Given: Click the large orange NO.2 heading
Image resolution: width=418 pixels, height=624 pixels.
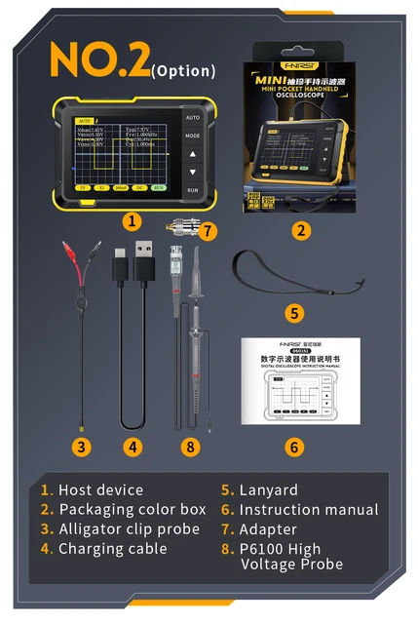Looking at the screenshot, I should coord(97,59).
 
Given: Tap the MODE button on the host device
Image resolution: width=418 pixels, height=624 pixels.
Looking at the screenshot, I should coord(193,136).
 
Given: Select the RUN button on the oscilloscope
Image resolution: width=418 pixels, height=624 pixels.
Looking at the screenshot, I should coord(193,190).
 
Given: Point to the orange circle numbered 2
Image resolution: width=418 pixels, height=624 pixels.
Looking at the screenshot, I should coord(302,231).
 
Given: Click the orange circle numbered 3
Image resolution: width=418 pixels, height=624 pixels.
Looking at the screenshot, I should coord(83,447).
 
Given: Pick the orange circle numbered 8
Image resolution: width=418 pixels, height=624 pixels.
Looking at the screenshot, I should coord(190,447).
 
